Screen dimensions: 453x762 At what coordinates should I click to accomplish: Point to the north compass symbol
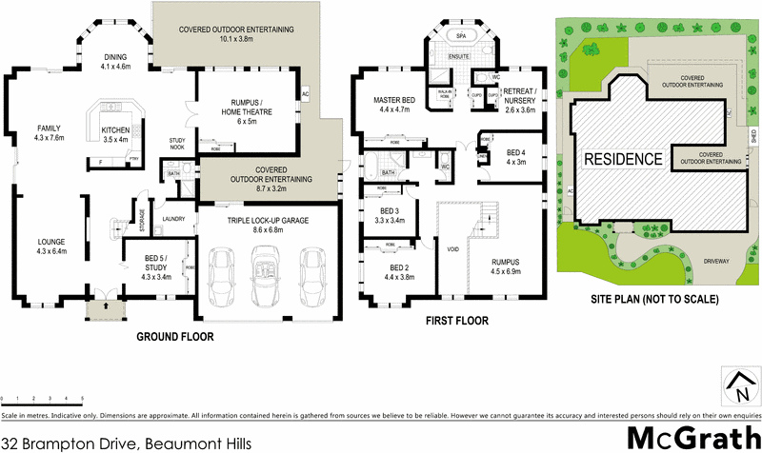(x=738, y=386)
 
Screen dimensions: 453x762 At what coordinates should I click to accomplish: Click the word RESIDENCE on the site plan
(x=623, y=158)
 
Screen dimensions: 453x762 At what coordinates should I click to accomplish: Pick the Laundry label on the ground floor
(x=173, y=219)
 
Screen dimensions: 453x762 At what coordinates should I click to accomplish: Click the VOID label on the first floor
(x=454, y=248)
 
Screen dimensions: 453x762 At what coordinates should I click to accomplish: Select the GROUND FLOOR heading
(x=174, y=337)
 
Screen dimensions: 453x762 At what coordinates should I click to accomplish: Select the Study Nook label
(x=177, y=144)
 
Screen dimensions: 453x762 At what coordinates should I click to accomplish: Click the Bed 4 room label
(x=516, y=157)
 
